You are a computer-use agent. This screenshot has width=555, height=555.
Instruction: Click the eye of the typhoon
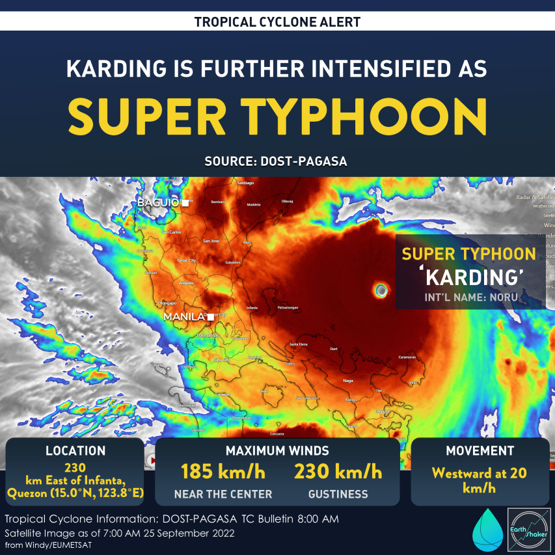381,290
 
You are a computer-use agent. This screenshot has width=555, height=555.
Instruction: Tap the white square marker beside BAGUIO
185,203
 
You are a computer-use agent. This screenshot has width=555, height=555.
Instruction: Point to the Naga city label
347,381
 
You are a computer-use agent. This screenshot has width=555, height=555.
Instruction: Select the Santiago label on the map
245,183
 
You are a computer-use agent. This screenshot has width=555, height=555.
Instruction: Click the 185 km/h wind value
223,471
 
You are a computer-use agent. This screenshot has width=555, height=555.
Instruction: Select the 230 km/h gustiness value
338,471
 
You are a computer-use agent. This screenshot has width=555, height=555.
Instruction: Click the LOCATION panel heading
75,450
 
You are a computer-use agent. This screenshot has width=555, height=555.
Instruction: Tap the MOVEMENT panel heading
480,450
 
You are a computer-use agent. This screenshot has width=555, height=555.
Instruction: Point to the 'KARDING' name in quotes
472,278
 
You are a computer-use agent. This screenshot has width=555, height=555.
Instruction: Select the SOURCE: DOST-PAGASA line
276,161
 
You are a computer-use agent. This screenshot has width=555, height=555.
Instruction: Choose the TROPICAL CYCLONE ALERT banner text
277,22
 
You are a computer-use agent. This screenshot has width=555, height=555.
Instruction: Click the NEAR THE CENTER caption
223,494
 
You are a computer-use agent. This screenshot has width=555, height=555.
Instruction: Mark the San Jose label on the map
211,241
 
